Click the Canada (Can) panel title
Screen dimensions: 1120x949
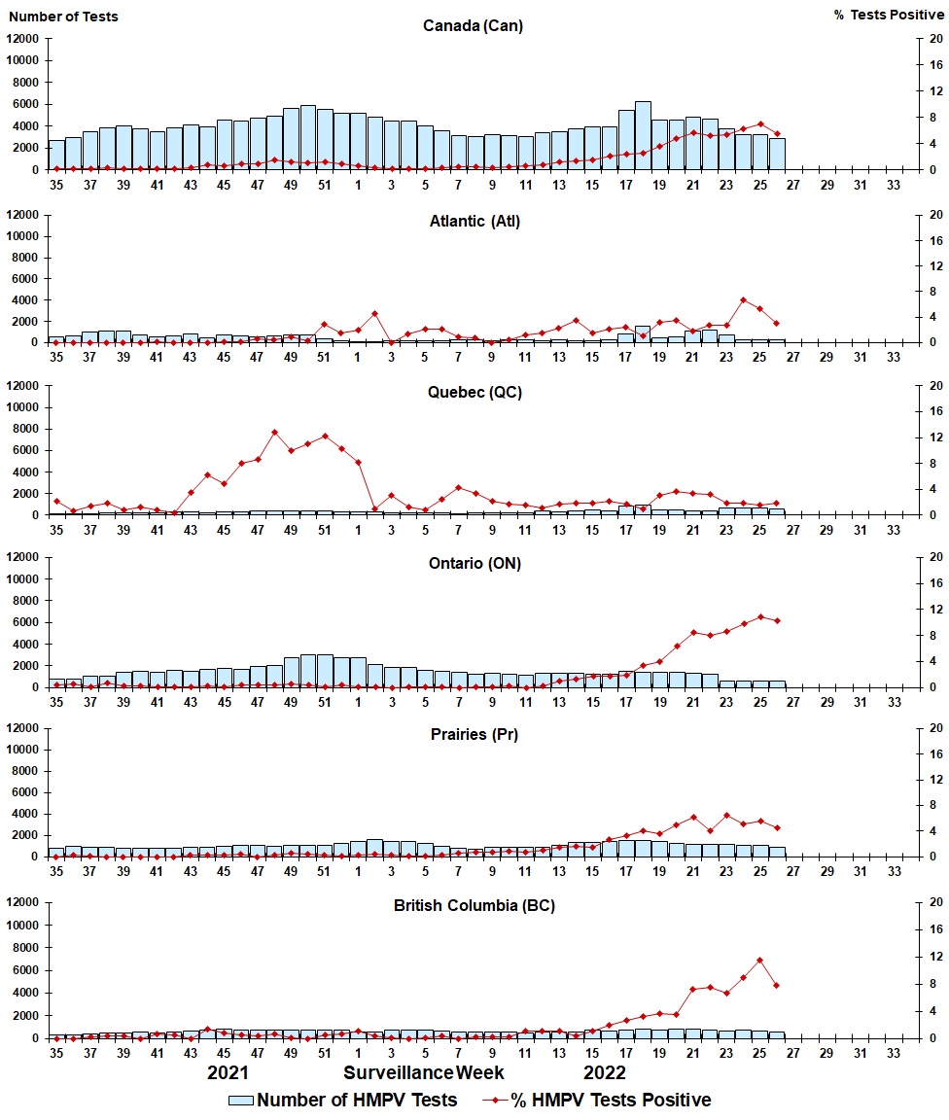(473, 25)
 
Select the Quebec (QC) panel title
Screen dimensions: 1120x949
(474, 392)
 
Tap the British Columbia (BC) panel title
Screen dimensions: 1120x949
(474, 905)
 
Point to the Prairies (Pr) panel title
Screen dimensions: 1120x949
(474, 734)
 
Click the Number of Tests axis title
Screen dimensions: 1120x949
(63, 16)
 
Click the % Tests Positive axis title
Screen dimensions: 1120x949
(889, 16)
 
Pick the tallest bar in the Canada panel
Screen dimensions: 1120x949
(643, 136)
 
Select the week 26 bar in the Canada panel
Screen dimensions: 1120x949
(777, 154)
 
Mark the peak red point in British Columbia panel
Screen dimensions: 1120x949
(759, 961)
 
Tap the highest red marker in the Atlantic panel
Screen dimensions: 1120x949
(743, 300)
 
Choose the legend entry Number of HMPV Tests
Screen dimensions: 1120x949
(343, 1100)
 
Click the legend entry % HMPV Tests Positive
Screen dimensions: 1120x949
(597, 1100)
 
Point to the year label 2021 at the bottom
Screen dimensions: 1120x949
(228, 1073)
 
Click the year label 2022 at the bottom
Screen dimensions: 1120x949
(605, 1073)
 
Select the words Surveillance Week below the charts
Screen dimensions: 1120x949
(423, 1073)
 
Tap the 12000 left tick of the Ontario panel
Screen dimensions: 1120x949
(22, 557)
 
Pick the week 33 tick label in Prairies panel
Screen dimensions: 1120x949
(895, 871)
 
